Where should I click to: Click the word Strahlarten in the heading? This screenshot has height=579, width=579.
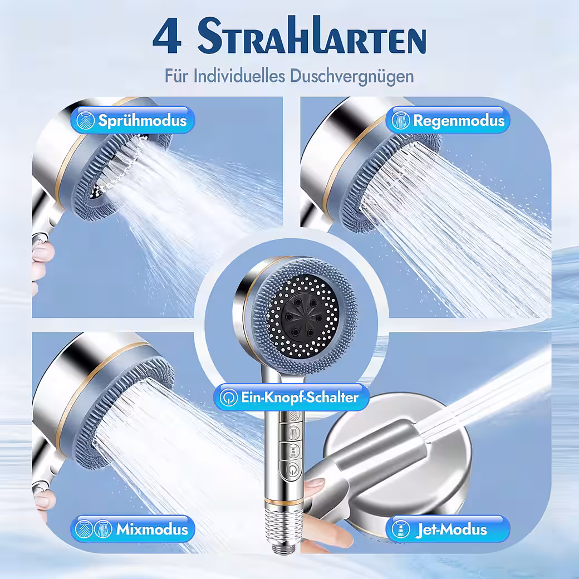tap(312, 36)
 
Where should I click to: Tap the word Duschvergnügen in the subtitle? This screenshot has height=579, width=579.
tap(351, 76)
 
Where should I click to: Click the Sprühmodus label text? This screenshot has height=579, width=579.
tap(142, 120)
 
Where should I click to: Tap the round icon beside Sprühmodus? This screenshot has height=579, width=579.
tap(85, 120)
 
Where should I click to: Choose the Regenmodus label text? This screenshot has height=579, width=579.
tap(459, 120)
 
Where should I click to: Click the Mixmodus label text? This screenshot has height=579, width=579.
tap(152, 529)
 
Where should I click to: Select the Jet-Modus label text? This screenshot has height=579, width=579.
tap(451, 529)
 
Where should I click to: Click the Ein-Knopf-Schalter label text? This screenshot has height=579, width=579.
tap(300, 398)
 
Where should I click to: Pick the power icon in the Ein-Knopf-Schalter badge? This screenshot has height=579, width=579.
tap(228, 398)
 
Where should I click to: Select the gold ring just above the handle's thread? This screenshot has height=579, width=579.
tap(283, 502)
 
